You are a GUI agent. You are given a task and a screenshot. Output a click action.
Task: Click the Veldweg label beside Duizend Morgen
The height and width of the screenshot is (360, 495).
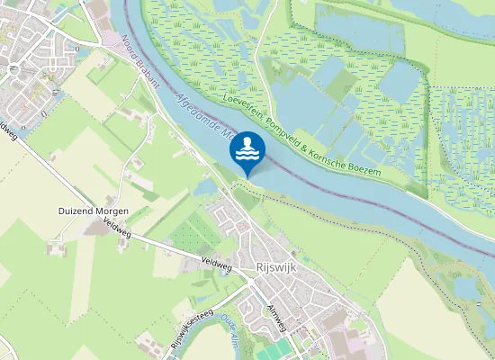point(117,223)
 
